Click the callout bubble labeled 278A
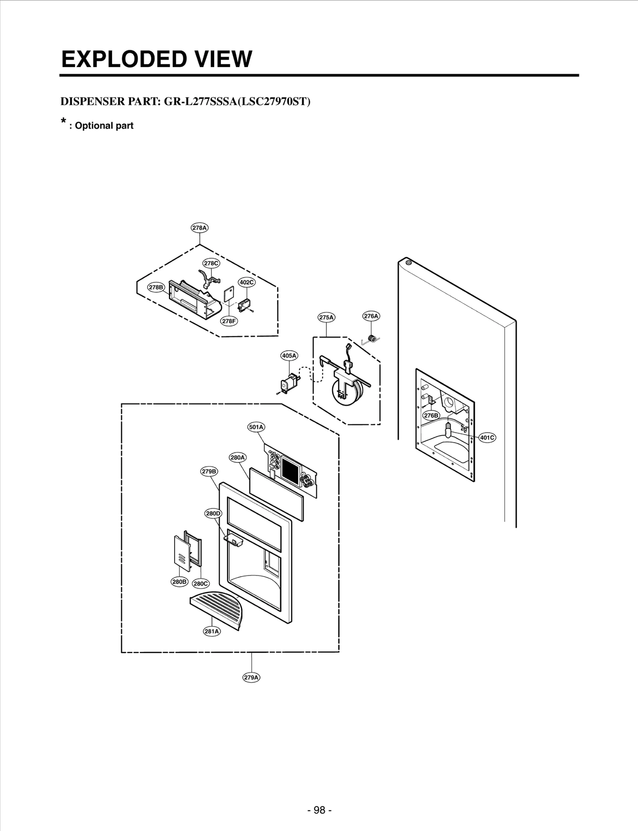click(x=199, y=228)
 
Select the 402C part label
click(x=246, y=282)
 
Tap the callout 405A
click(x=289, y=355)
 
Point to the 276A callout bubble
click(x=371, y=316)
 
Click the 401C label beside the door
click(x=487, y=438)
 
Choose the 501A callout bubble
click(x=256, y=427)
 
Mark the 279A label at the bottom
click(x=251, y=677)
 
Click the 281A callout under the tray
click(x=212, y=631)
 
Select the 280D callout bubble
click(x=213, y=513)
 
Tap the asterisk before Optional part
click(x=63, y=121)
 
